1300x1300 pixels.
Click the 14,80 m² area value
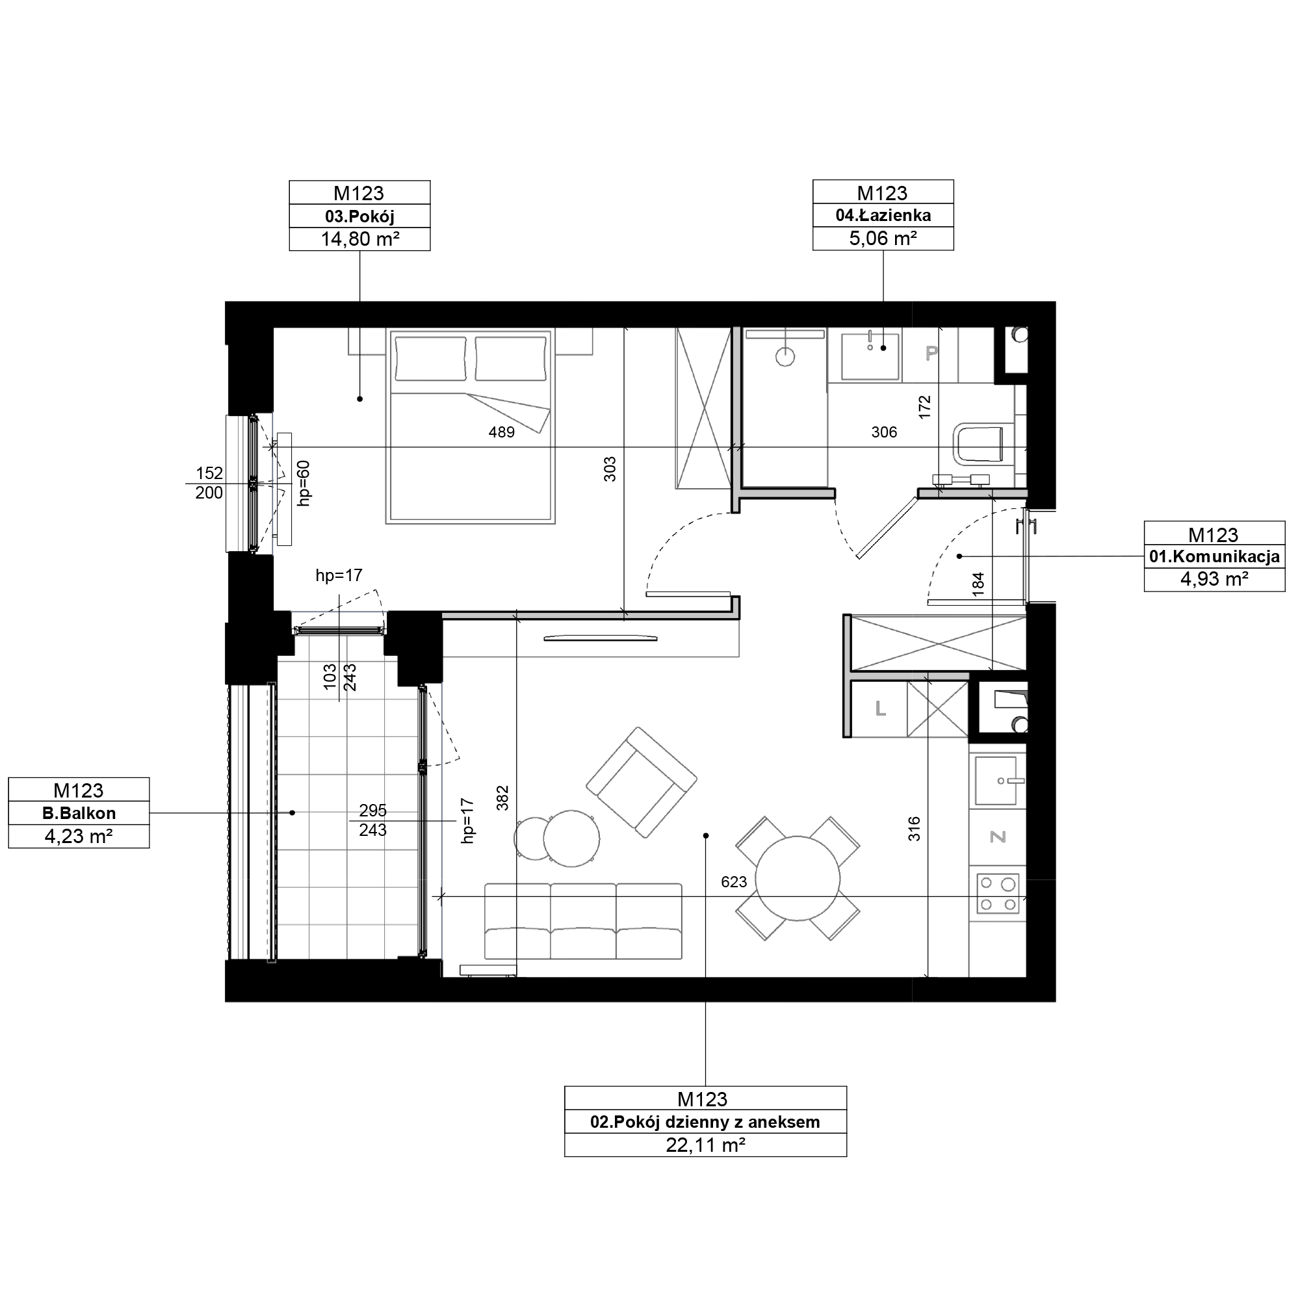[x=360, y=239]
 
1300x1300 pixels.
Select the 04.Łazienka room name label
[x=883, y=215]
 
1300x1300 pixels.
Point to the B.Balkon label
[x=79, y=813]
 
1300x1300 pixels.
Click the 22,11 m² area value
[x=705, y=1145]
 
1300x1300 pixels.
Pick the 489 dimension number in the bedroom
[x=501, y=432]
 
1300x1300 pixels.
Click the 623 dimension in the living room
[x=733, y=881]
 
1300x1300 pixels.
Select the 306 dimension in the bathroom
[x=883, y=432]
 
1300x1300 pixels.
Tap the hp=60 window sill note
[x=304, y=482]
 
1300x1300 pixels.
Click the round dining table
[x=798, y=879]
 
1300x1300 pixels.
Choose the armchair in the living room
[x=642, y=782]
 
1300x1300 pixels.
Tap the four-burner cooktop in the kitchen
[x=998, y=893]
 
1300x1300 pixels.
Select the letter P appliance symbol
[x=931, y=352]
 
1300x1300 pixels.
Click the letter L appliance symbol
[x=880, y=708]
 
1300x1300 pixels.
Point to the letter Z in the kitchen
[x=998, y=837]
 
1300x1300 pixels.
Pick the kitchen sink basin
[x=996, y=781]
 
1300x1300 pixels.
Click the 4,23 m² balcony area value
[x=79, y=836]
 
